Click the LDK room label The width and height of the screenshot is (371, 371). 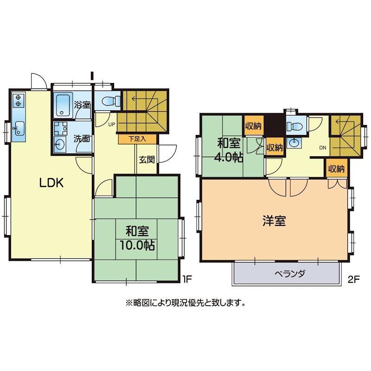pyautogui.click(x=51, y=183)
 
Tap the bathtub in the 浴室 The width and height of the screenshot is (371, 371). pyautogui.click(x=63, y=105)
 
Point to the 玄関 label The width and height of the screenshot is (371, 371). pyautogui.click(x=147, y=160)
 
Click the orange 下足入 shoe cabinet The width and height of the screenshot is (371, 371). pyautogui.click(x=137, y=139)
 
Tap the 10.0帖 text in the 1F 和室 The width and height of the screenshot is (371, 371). pyautogui.click(x=137, y=245)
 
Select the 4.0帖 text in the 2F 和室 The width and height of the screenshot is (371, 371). pyautogui.click(x=228, y=157)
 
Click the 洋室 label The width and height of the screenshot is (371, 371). pyautogui.click(x=274, y=221)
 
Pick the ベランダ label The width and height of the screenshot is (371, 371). pyautogui.click(x=290, y=274)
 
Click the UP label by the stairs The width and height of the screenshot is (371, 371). pyautogui.click(x=111, y=124)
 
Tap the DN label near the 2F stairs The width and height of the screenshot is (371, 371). pyautogui.click(x=323, y=147)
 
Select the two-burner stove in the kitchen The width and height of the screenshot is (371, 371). pyautogui.click(x=19, y=100)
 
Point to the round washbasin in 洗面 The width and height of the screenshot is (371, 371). pyautogui.click(x=58, y=144)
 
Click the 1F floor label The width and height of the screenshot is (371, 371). pyautogui.click(x=187, y=280)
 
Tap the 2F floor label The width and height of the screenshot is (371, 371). pyautogui.click(x=354, y=280)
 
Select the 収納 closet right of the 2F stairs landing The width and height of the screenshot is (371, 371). pyautogui.click(x=336, y=168)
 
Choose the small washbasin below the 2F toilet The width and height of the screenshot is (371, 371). pyautogui.click(x=294, y=142)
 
